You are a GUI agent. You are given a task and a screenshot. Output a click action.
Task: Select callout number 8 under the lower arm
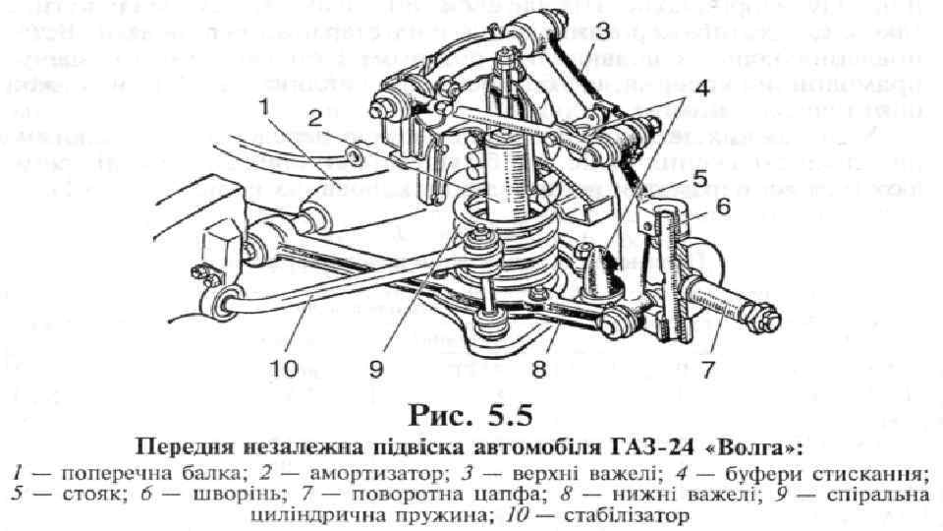pyautogui.click(x=538, y=371)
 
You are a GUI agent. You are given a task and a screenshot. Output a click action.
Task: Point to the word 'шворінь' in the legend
pyautogui.click(x=182, y=494)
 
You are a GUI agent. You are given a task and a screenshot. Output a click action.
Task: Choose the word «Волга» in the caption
pyautogui.click(x=758, y=448)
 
